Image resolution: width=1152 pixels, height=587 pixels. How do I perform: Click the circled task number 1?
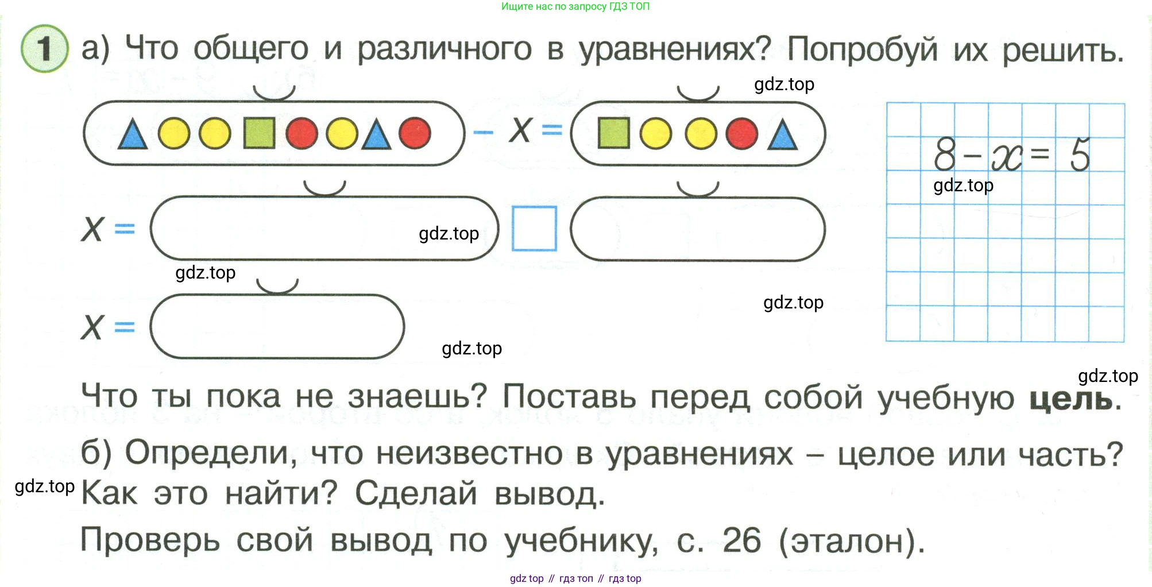[44, 49]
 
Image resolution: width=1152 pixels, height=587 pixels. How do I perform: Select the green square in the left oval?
[259, 133]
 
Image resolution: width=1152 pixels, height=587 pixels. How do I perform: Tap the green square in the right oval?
[613, 133]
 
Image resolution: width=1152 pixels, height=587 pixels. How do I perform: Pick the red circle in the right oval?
[741, 134]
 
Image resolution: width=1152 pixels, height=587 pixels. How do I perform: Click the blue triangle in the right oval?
[782, 136]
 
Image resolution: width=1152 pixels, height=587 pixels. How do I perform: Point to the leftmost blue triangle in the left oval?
[132, 136]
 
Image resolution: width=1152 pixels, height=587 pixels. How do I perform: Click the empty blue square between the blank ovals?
[534, 229]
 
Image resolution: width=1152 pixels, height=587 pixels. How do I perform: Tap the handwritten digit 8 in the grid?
[945, 154]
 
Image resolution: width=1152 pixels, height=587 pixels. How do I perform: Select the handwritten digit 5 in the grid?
[1080, 154]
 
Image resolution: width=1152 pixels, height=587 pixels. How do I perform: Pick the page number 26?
[741, 540]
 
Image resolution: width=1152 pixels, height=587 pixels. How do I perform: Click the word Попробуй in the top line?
[862, 49]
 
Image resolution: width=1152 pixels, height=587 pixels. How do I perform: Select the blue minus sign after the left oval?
[483, 132]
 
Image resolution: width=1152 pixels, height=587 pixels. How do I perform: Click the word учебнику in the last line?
[581, 542]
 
